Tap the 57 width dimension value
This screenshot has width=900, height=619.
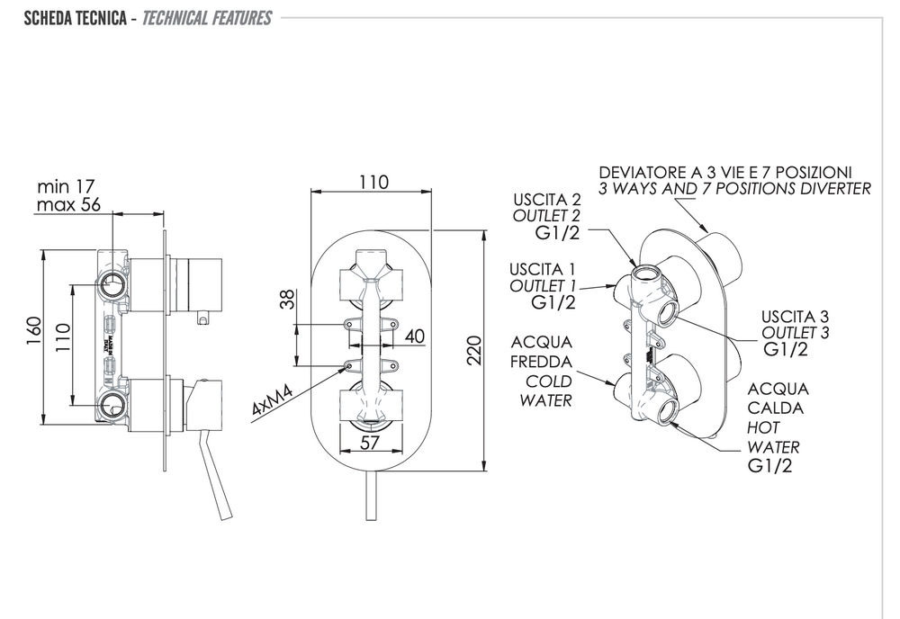pyautogui.click(x=370, y=442)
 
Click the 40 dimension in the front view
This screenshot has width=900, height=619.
pyautogui.click(x=414, y=336)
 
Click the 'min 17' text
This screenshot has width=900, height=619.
pyautogui.click(x=66, y=187)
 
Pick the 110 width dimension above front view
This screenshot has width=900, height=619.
pyautogui.click(x=372, y=182)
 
